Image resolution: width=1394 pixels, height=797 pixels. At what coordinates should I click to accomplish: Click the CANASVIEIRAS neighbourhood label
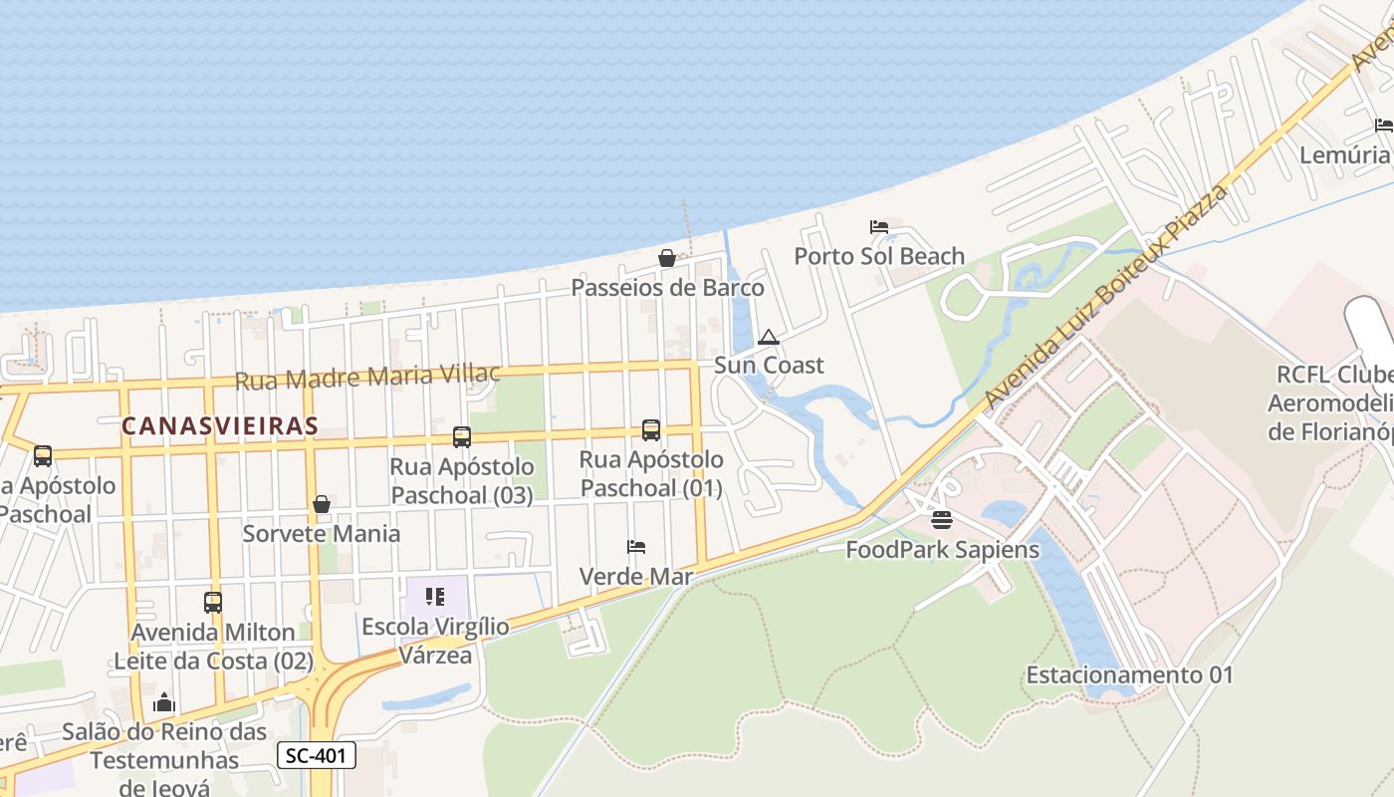tap(220, 426)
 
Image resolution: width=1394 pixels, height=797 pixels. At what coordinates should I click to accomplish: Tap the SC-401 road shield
tap(316, 755)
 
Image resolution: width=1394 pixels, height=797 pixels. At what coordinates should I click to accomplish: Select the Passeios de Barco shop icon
tap(667, 259)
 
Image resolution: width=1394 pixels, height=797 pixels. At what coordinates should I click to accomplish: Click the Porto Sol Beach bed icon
tap(879, 227)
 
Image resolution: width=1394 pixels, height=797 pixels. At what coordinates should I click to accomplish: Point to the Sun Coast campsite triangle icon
tap(768, 338)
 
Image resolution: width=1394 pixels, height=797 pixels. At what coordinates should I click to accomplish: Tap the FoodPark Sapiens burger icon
tap(942, 520)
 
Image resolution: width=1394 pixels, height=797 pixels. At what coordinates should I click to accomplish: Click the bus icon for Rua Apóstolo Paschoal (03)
tap(461, 436)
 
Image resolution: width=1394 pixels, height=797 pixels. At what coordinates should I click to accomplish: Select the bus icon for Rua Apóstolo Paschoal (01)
tap(651, 430)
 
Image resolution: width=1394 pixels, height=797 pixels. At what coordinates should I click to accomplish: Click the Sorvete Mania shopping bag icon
tap(322, 504)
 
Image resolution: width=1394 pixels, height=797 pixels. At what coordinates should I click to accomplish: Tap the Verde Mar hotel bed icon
tap(636, 547)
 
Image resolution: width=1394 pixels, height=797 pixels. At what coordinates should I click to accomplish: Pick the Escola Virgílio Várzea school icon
tap(435, 597)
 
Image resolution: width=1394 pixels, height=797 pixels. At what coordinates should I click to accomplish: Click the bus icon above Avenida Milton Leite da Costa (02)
tap(213, 602)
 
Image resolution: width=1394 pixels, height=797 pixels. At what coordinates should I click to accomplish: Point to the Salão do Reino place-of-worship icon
tap(164, 703)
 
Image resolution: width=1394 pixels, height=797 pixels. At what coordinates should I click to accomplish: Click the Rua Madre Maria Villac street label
tap(367, 377)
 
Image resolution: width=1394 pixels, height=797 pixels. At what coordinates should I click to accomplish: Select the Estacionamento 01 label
tap(1129, 674)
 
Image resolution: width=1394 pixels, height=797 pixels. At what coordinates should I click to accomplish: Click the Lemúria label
tap(1344, 154)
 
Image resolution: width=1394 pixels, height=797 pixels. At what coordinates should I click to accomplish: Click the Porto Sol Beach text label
tap(879, 256)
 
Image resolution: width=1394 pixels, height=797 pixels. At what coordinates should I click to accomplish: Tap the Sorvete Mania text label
tap(322, 533)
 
